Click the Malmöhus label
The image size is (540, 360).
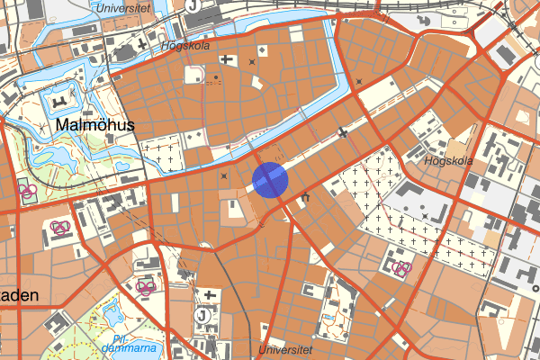(94, 125)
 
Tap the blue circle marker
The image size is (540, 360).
(270, 179)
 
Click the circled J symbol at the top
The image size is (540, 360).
(194, 4)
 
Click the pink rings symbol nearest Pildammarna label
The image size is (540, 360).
(146, 287)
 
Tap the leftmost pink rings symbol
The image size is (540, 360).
(27, 191)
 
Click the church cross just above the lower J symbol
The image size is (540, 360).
(209, 295)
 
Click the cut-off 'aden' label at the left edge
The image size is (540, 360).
(18, 296)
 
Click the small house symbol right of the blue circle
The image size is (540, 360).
(304, 197)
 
